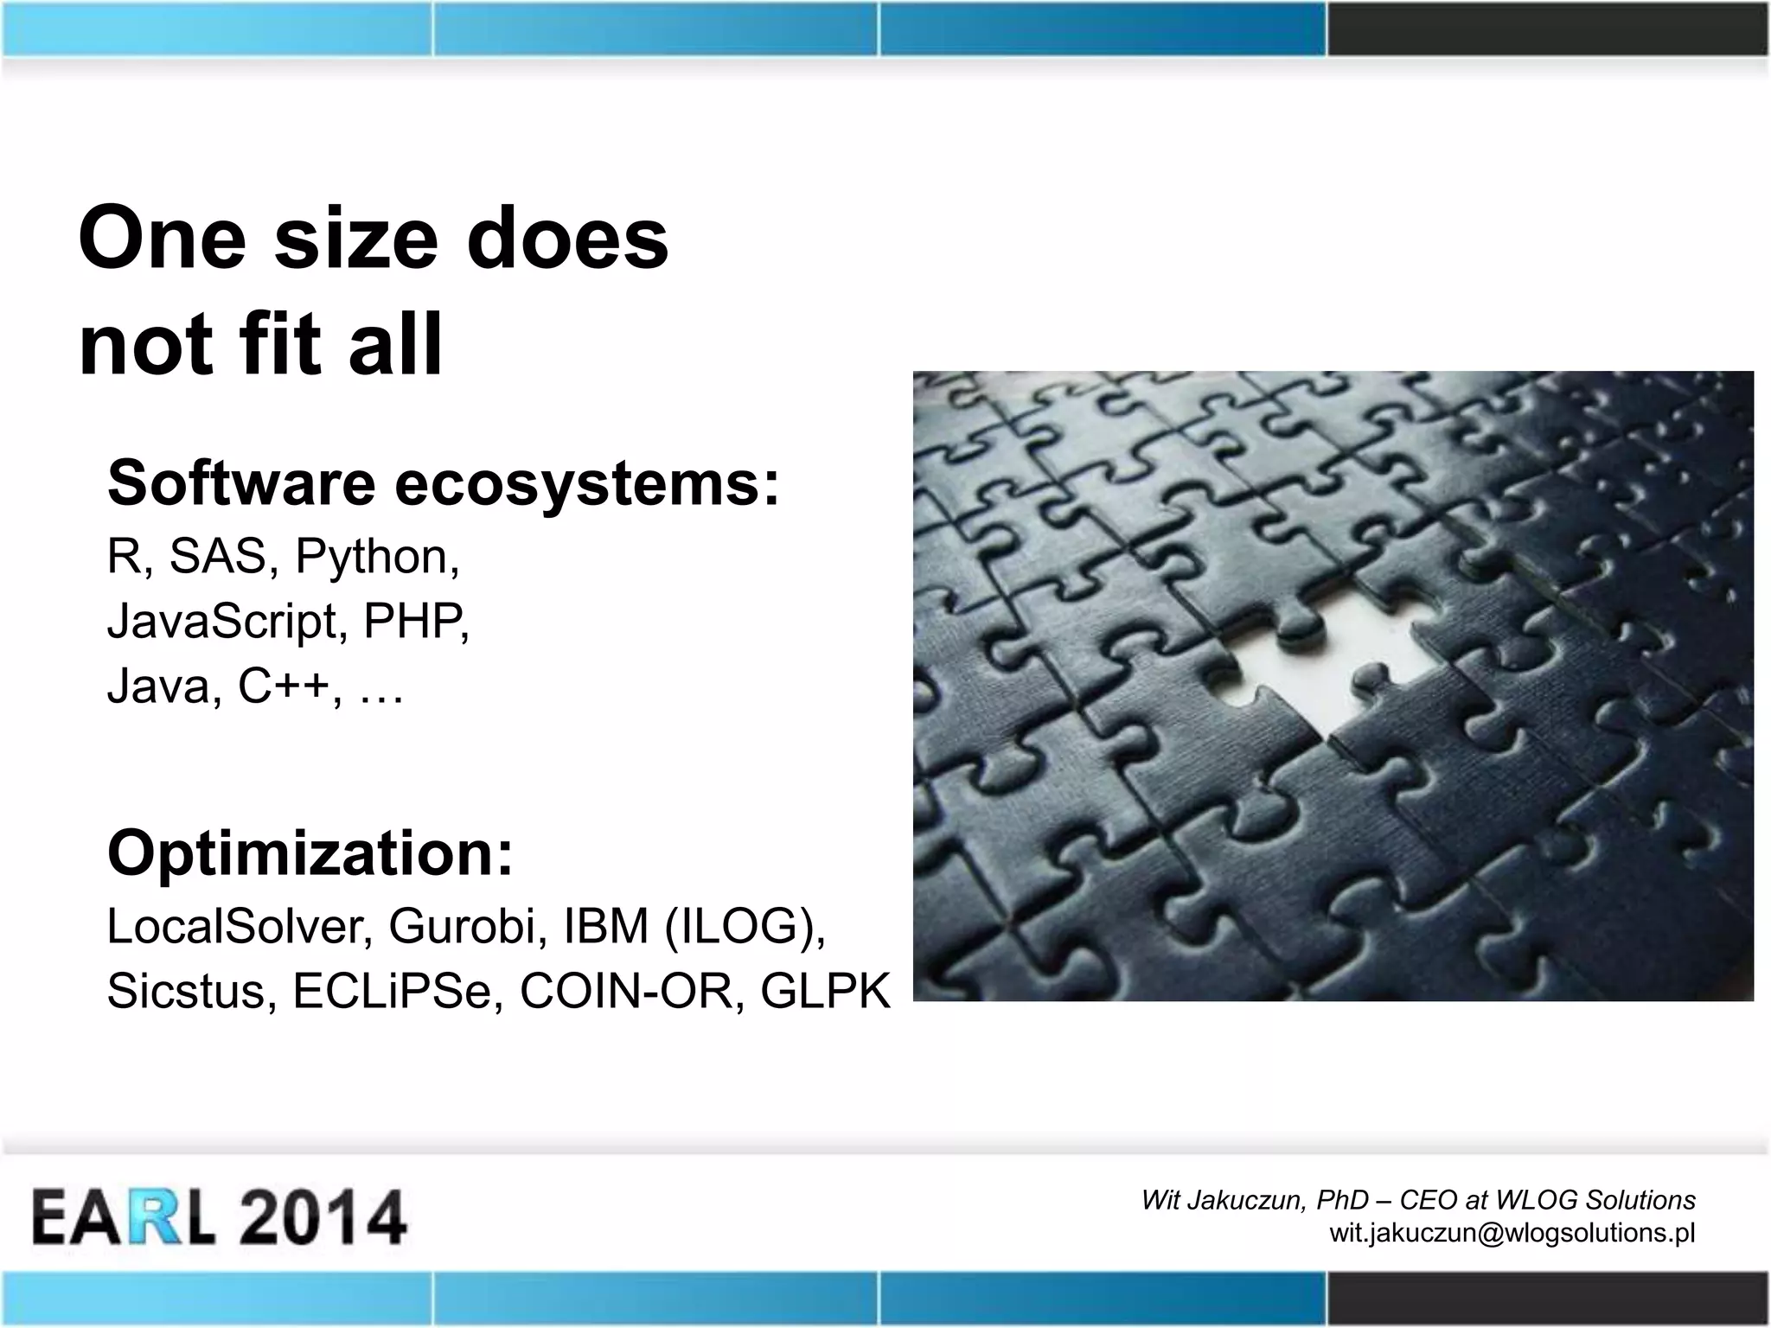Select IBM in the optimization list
(x=606, y=926)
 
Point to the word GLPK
(x=824, y=991)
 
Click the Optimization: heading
(x=310, y=853)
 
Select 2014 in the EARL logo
(x=322, y=1217)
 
